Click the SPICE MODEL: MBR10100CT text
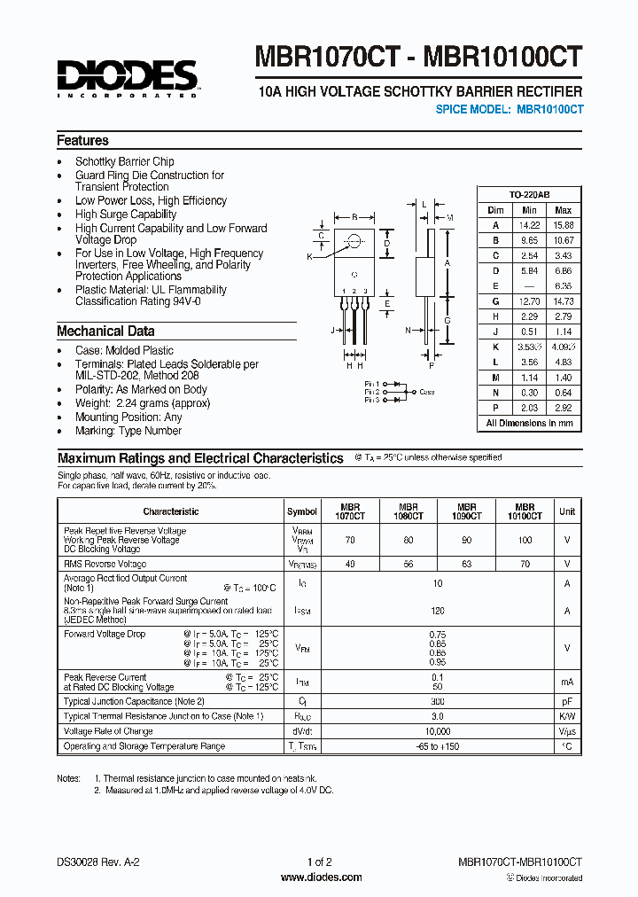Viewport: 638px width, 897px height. coord(510,109)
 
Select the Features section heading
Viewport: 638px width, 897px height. coord(82,140)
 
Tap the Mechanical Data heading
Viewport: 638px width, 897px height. coord(105,331)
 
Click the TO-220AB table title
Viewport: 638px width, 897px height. coord(529,194)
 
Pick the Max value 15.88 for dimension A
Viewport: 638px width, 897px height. coord(563,225)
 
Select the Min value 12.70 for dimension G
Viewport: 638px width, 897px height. coord(529,302)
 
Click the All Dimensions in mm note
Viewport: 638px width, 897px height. coord(529,424)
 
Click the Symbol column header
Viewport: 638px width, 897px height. coord(302,511)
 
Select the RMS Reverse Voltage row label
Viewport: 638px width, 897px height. coord(105,564)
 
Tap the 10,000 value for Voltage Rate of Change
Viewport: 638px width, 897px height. coord(437,731)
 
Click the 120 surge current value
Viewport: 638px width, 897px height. coord(437,612)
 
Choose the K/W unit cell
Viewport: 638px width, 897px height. coord(566,716)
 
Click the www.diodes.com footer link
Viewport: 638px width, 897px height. coord(321,877)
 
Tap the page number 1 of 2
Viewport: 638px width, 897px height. coord(319,862)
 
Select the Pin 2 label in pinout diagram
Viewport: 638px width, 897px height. coord(372,392)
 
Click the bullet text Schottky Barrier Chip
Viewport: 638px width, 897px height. coord(124,161)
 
